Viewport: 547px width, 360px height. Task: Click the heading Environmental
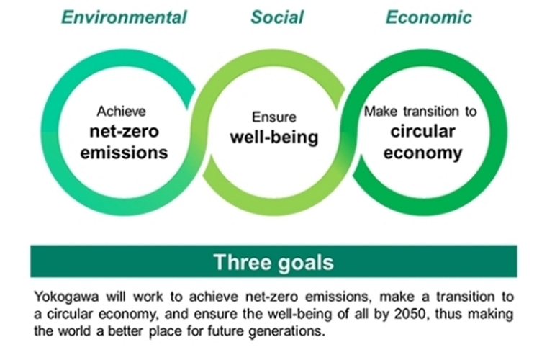click(x=125, y=17)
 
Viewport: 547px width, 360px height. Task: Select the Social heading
click(x=277, y=17)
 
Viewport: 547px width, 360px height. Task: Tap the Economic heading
click(x=429, y=17)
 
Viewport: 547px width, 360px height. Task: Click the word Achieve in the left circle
click(x=122, y=112)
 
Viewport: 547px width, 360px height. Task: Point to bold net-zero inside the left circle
click(x=125, y=132)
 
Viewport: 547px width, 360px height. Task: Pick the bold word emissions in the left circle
click(x=125, y=153)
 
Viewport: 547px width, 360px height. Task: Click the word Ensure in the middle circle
click(x=274, y=117)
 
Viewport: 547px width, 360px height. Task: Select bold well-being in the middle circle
click(x=274, y=137)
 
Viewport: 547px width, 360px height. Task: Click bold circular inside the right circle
click(x=422, y=132)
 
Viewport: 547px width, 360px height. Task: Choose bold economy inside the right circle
click(x=422, y=153)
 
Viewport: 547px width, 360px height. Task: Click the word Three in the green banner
click(x=243, y=262)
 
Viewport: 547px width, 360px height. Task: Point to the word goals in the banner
click(x=306, y=263)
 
